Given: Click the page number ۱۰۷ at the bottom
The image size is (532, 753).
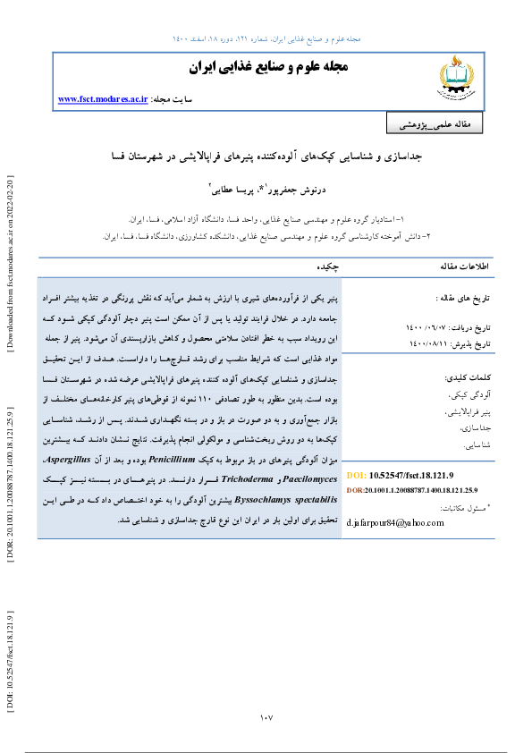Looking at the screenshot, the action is [x=266, y=718].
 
